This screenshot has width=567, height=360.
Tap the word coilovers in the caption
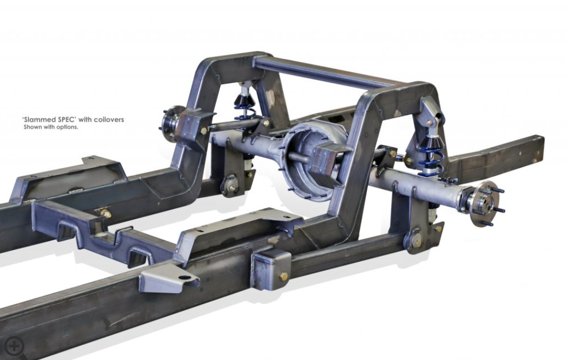pos(109,119)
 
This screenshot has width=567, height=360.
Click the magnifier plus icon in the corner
pos(14,347)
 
